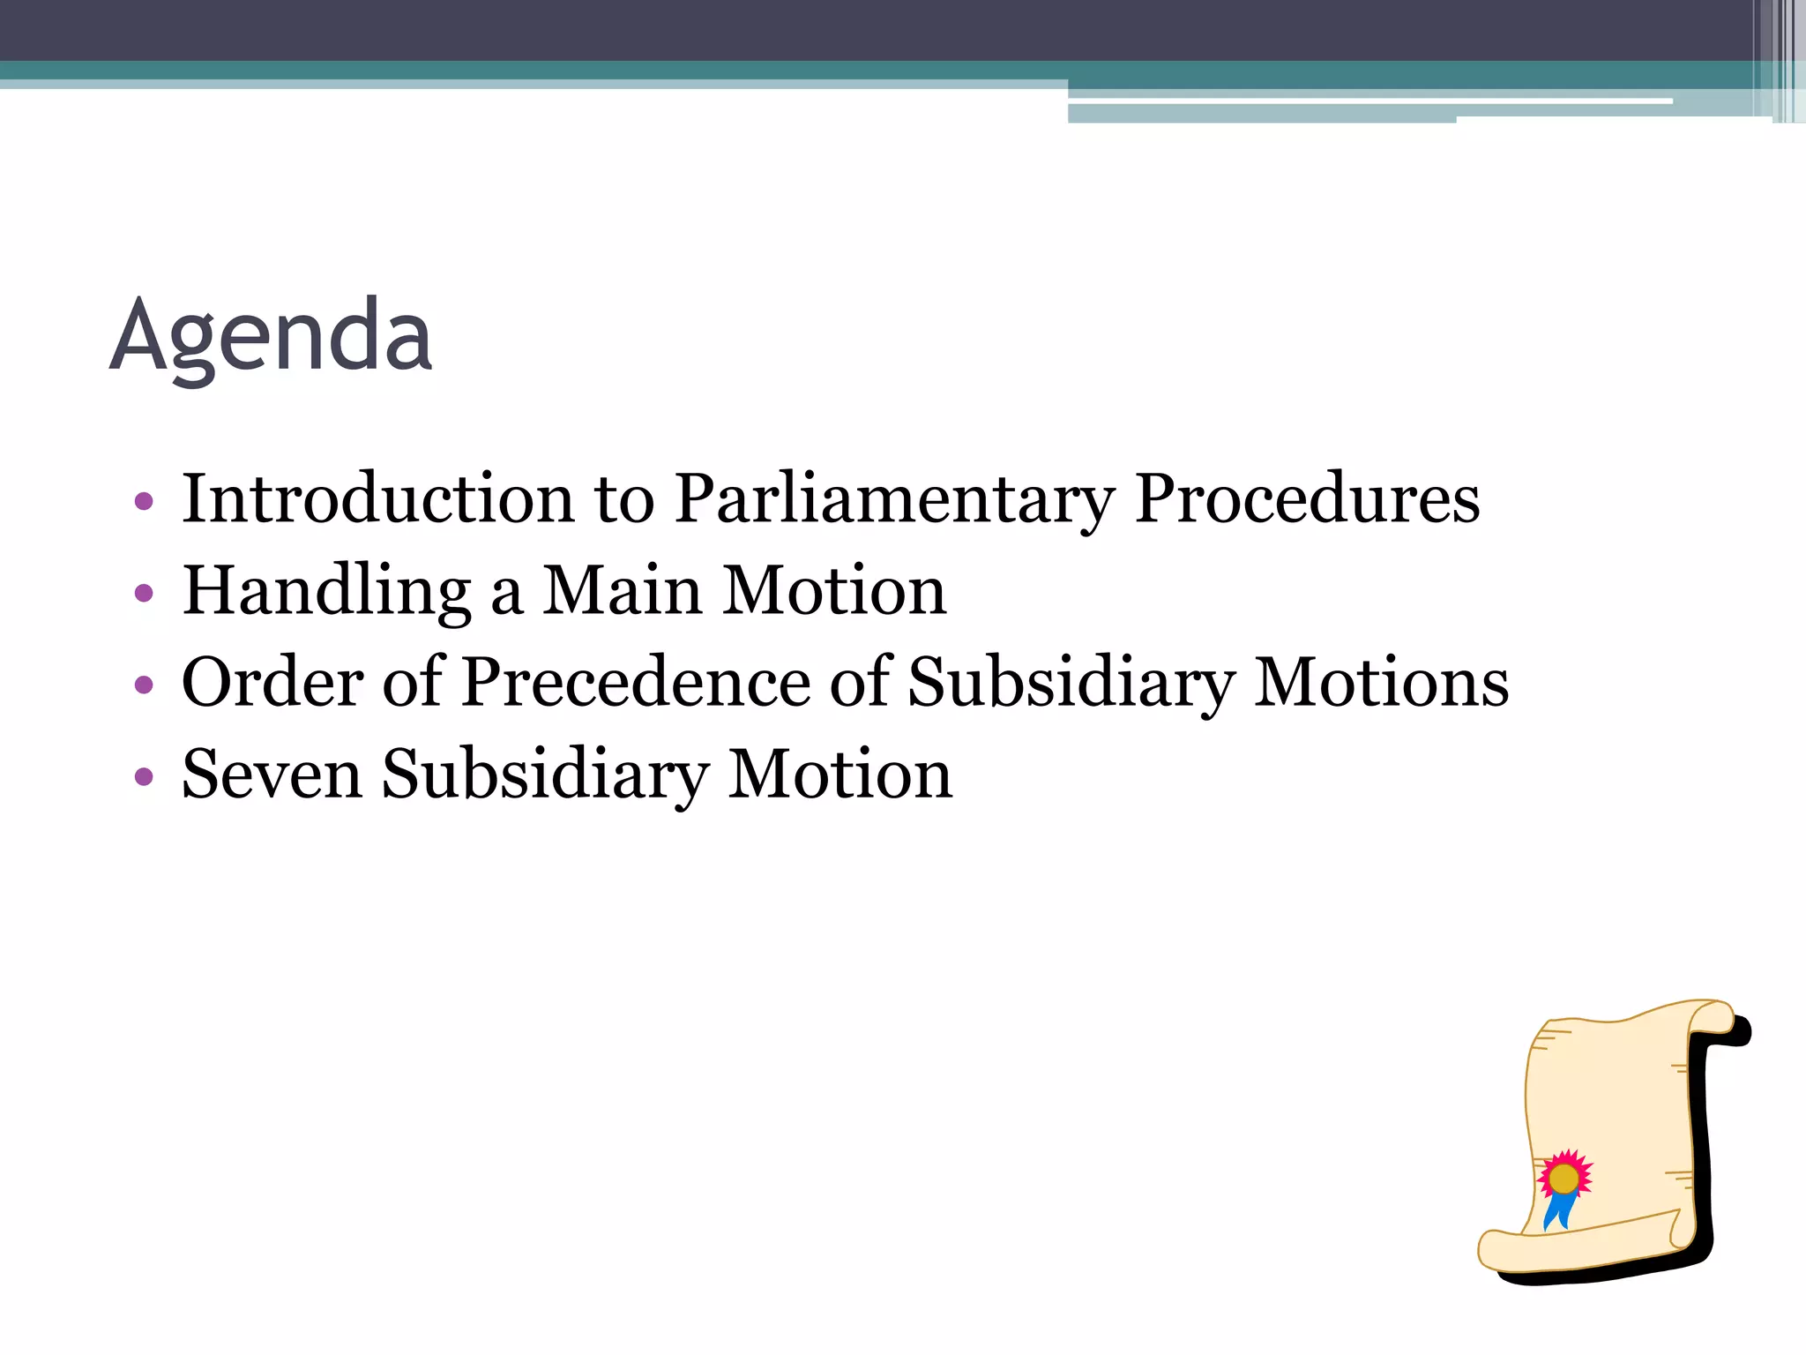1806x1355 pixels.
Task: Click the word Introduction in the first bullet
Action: (377, 498)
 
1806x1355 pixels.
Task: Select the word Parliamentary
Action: (894, 500)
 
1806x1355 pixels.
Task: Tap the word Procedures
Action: (1307, 498)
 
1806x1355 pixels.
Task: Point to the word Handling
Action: (326, 591)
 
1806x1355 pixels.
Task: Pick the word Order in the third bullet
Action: (272, 683)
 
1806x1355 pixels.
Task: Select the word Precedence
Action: (636, 683)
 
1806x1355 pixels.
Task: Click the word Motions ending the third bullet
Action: (1381, 683)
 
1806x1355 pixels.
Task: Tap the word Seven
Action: (272, 775)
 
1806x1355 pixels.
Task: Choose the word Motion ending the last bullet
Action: (840, 775)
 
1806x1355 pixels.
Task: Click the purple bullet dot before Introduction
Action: (144, 502)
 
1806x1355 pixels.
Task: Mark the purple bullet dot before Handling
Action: (144, 594)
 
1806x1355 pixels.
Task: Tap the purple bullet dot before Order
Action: (144, 685)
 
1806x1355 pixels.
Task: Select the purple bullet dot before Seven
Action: (144, 778)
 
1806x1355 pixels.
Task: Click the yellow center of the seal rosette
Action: (1563, 1178)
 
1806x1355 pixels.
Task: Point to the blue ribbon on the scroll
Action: (1557, 1210)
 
